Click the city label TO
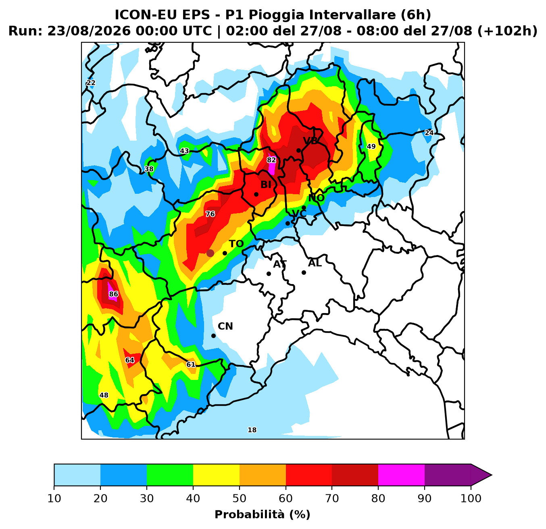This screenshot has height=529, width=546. (x=236, y=244)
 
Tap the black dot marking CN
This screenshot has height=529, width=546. (x=213, y=336)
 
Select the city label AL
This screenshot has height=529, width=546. (x=315, y=263)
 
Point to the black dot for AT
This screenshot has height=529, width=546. (x=269, y=274)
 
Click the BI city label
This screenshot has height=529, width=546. (x=266, y=185)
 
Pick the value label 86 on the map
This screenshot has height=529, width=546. (x=113, y=294)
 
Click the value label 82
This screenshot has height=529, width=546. (x=271, y=160)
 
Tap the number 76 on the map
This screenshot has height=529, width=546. (x=210, y=214)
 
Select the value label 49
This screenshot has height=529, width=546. (x=371, y=147)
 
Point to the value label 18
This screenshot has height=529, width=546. (x=252, y=430)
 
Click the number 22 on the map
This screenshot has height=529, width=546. (x=91, y=83)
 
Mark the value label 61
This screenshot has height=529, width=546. (x=190, y=365)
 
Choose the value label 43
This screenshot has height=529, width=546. (x=184, y=151)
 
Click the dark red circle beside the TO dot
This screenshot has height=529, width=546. (x=210, y=253)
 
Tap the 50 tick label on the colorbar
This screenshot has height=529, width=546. (x=240, y=498)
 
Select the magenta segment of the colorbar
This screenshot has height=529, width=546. (x=401, y=475)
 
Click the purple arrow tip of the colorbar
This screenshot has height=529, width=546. (x=491, y=475)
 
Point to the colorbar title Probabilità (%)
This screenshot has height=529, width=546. (x=263, y=515)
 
